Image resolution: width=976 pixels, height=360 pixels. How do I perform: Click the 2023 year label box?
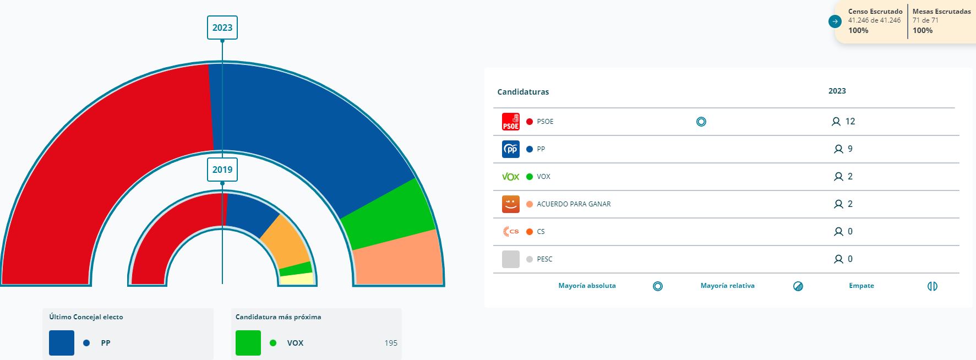(x=222, y=28)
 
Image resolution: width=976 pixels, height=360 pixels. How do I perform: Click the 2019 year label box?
(x=222, y=170)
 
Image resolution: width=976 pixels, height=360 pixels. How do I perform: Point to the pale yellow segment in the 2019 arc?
(x=297, y=279)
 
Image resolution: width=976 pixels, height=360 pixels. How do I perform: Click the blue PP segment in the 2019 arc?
(x=250, y=212)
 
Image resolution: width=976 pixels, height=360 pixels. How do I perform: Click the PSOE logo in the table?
(x=511, y=122)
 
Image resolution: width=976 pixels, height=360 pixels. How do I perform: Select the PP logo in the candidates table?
(x=511, y=149)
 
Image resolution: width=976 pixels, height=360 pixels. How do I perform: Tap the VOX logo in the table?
(x=511, y=177)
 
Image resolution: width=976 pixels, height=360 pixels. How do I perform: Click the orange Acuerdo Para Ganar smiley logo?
(x=511, y=204)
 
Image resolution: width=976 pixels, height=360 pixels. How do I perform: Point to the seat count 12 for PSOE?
(x=850, y=122)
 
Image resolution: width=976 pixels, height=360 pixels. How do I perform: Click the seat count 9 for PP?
(x=850, y=149)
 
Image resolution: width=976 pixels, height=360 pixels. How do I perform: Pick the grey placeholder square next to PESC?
(x=511, y=259)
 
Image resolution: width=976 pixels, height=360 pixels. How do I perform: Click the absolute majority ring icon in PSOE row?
(x=701, y=122)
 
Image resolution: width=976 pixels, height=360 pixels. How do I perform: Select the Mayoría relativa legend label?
(x=727, y=286)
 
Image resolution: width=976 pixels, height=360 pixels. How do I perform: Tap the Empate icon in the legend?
(x=932, y=286)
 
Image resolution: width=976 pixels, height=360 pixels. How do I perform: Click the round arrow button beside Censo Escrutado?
(x=835, y=21)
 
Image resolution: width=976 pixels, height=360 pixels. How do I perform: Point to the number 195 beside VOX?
(x=391, y=343)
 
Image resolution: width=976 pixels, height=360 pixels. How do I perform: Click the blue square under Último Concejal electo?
(x=62, y=343)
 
